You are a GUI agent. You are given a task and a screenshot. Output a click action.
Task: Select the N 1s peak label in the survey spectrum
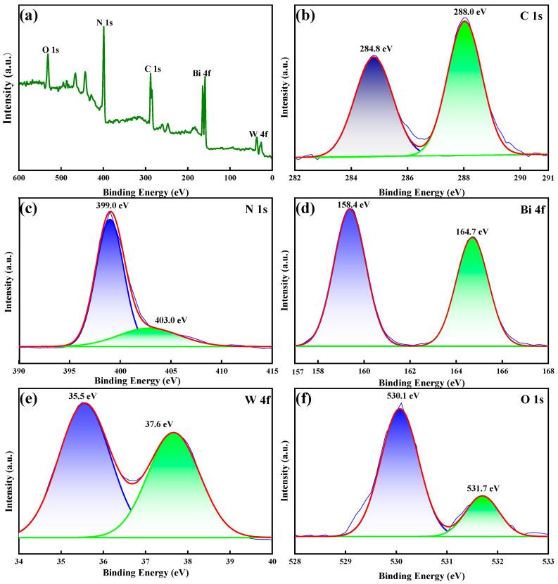pyautogui.click(x=105, y=23)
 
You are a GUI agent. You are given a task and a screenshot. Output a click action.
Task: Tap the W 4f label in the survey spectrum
pyautogui.click(x=258, y=134)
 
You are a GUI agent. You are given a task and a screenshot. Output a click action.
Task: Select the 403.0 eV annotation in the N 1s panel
pyautogui.click(x=172, y=319)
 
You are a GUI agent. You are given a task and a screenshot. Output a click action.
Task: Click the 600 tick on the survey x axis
pyautogui.click(x=19, y=179)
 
